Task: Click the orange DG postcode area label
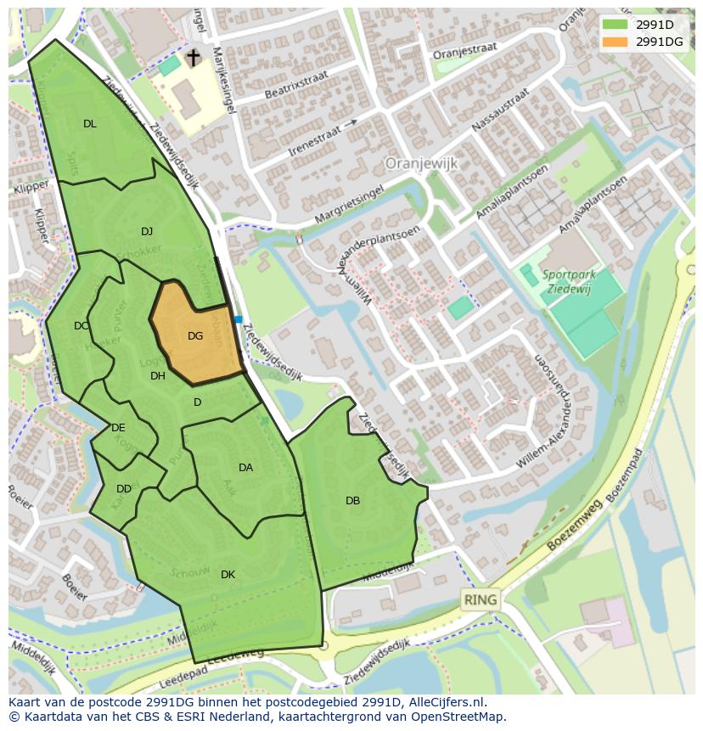pos(195,336)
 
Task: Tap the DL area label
pos(90,124)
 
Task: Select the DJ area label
pos(147,232)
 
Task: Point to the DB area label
pos(352,501)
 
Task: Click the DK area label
pos(228,575)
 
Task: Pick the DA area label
pos(245,468)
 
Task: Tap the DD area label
pos(124,489)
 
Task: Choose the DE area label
pos(118,428)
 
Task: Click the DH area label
pos(158,376)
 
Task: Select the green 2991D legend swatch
pos(615,25)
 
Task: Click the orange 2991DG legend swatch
pos(615,42)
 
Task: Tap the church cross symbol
pos(194,58)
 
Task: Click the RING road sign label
pos(481,600)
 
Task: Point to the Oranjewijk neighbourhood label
pos(422,162)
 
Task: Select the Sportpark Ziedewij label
pos(570,281)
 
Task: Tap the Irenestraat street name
pos(314,138)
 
